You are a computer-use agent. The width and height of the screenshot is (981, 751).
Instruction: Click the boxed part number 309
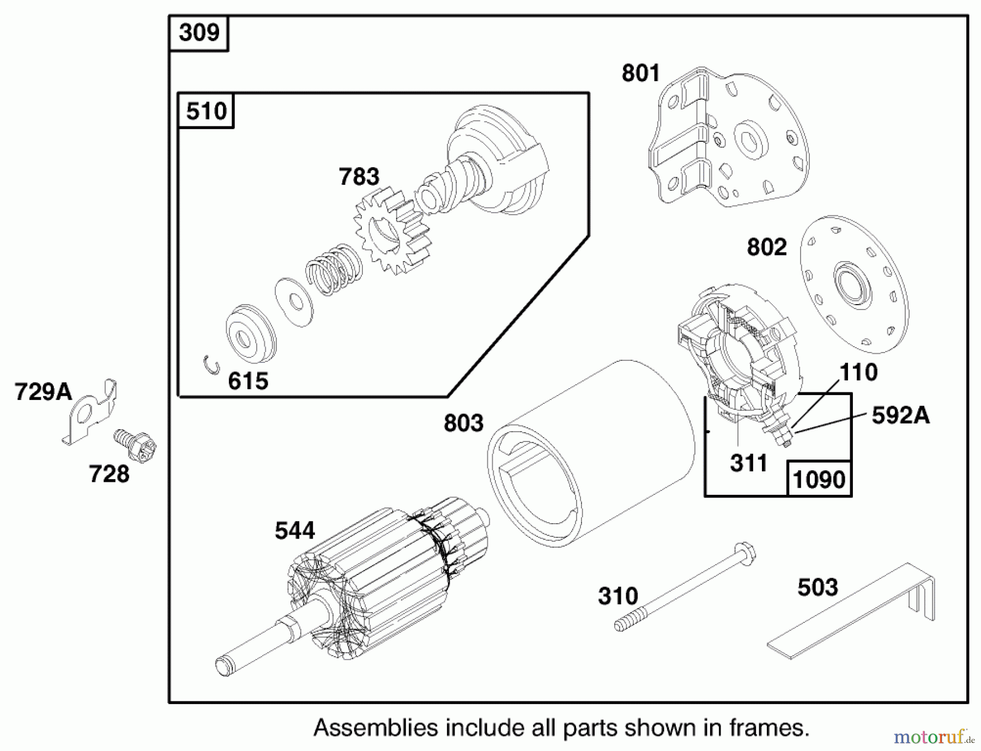click(199, 33)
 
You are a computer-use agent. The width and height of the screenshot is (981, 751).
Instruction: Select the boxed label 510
click(206, 111)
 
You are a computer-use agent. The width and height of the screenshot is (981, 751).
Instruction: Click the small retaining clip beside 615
click(211, 364)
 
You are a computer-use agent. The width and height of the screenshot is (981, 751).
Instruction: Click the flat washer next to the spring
click(294, 302)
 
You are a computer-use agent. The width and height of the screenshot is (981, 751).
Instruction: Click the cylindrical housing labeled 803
click(589, 452)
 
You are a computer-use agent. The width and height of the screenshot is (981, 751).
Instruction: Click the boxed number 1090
click(819, 480)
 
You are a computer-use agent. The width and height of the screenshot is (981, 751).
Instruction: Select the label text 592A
click(900, 415)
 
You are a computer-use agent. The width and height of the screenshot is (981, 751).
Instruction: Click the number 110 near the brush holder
click(858, 372)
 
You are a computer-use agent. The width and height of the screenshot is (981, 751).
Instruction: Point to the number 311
click(748, 463)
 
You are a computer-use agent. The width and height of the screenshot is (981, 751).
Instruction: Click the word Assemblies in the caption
click(376, 728)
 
